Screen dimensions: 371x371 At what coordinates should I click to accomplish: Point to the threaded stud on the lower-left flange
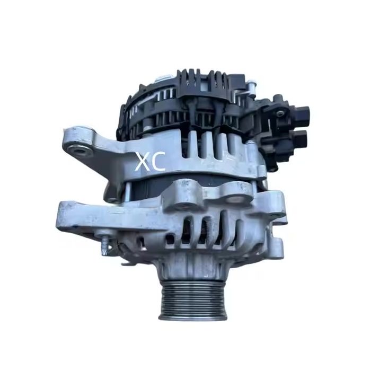point(105,244)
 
